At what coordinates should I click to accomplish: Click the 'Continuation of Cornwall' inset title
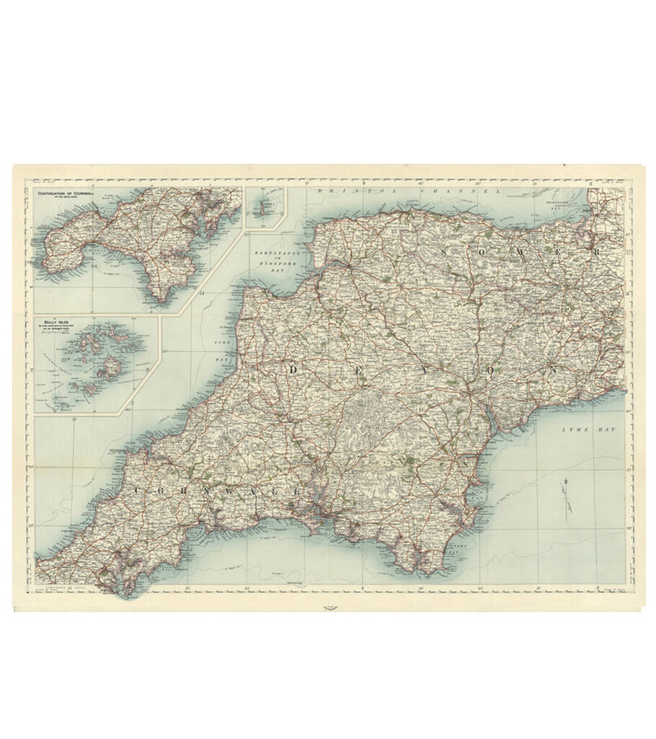[74, 193]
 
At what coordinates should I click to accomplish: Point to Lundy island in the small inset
[265, 206]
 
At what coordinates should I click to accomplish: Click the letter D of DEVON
[293, 369]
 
